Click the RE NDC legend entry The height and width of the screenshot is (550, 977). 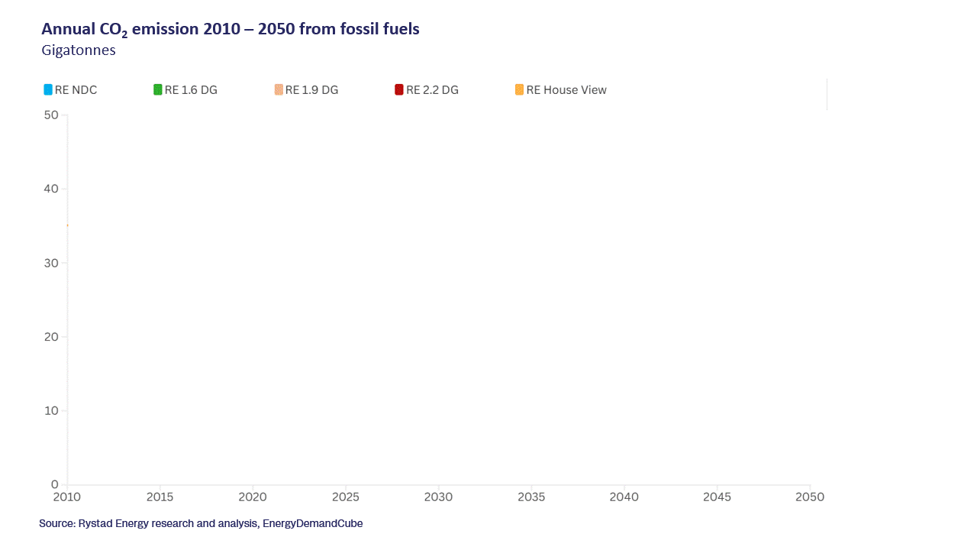pos(70,90)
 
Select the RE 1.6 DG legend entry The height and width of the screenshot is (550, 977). pos(185,90)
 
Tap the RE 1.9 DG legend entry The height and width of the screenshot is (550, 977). pos(306,90)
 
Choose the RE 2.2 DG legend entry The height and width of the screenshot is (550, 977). pos(427,90)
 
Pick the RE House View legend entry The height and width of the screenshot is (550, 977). pos(561,90)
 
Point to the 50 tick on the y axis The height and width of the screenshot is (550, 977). pos(51,115)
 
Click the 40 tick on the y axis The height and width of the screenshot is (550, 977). pos(51,189)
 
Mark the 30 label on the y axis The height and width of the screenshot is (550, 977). pos(51,263)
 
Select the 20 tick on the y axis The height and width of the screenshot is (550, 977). pos(51,337)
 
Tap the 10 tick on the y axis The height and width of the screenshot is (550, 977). pos(51,411)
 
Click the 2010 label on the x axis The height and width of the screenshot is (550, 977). pos(67,497)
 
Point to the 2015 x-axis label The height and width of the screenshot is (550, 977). pos(160,497)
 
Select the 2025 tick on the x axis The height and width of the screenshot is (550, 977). pos(345,497)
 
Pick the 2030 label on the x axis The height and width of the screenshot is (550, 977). pos(438,497)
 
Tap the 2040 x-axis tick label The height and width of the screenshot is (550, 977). pos(624,497)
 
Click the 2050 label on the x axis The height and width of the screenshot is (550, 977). pos(810,497)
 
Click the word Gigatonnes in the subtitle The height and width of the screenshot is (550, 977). pos(79,51)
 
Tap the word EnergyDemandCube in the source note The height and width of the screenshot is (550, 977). pos(313,524)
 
